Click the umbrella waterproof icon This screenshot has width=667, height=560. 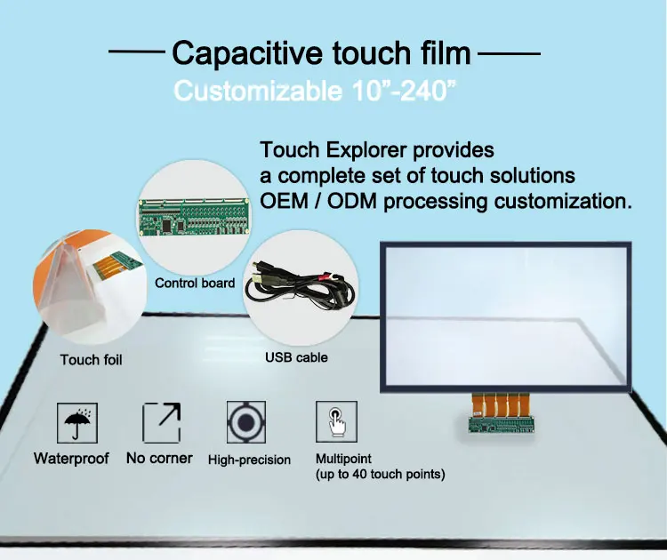(77, 423)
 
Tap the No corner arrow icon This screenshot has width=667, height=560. (161, 423)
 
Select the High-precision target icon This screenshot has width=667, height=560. (248, 423)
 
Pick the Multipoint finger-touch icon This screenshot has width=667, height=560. (336, 422)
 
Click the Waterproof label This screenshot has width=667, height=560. (71, 459)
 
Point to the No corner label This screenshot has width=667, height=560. (159, 459)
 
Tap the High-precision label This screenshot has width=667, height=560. (249, 460)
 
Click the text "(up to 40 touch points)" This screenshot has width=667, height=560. (381, 475)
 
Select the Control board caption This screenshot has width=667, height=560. (195, 284)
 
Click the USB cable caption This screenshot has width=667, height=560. (296, 357)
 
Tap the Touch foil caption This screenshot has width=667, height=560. (91, 360)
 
